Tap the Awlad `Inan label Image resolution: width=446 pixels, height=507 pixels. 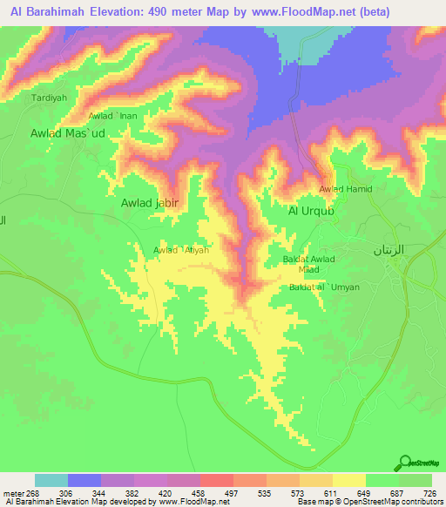tap(112, 116)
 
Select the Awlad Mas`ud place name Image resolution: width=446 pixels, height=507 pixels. tap(67, 133)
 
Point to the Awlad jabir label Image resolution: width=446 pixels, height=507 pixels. tap(149, 202)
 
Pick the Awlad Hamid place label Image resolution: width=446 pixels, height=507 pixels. tap(346, 189)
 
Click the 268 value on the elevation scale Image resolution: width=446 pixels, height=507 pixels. tap(31, 493)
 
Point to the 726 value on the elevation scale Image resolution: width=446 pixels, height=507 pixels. tap(428, 493)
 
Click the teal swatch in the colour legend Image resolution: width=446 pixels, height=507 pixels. tap(51, 480)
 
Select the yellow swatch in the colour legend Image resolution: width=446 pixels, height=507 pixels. tap(348, 480)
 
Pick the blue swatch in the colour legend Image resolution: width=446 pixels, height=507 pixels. tap(84, 480)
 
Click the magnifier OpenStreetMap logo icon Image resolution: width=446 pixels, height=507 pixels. tap(404, 464)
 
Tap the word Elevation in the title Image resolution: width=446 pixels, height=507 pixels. tap(116, 11)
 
